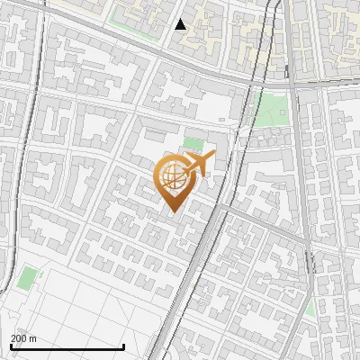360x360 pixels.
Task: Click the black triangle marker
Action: (181, 24)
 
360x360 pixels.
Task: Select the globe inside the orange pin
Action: (172, 180)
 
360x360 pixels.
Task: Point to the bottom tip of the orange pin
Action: (172, 213)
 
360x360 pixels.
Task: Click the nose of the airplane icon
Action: (213, 155)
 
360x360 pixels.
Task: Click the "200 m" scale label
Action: (23, 338)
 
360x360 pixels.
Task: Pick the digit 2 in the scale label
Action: (13, 338)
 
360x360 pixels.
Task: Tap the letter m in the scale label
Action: (33, 338)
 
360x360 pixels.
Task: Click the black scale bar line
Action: (67, 346)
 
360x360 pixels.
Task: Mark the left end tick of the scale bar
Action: (11, 345)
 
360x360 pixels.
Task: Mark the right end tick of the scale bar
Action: (124, 345)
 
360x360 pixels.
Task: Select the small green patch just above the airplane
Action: (193, 142)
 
